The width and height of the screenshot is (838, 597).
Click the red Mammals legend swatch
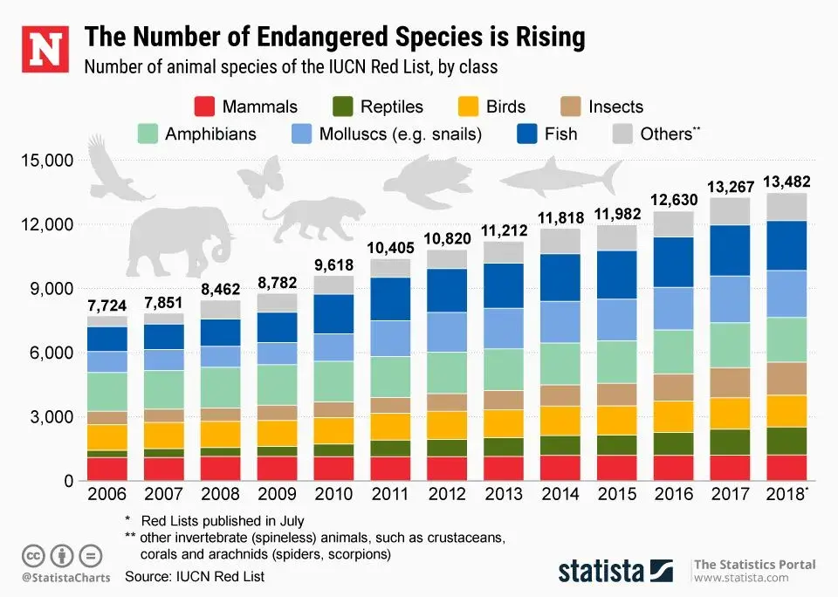203,107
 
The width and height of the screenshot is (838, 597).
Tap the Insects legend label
615,107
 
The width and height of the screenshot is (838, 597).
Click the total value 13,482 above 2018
786,182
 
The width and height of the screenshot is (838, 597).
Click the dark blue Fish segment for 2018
786,245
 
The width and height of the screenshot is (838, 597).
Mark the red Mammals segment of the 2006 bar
106,469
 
